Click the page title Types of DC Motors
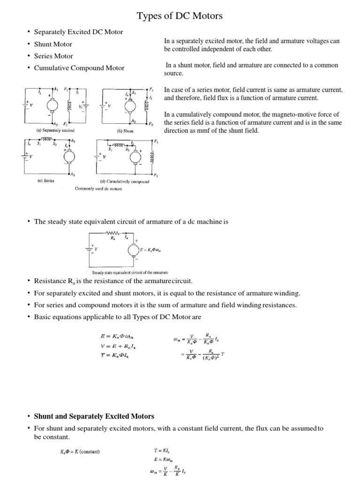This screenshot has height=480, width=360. pos(180,16)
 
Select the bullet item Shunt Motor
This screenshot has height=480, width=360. pos(53,44)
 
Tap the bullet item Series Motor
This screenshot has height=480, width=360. pos(53,56)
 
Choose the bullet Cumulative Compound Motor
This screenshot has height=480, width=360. pos(79,68)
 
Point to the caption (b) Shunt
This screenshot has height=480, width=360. pos(125,131)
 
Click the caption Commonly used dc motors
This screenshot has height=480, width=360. pos(98,188)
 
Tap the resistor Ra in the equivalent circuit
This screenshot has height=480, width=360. pos(113,233)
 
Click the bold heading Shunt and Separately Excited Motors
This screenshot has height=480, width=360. pos(94,416)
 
